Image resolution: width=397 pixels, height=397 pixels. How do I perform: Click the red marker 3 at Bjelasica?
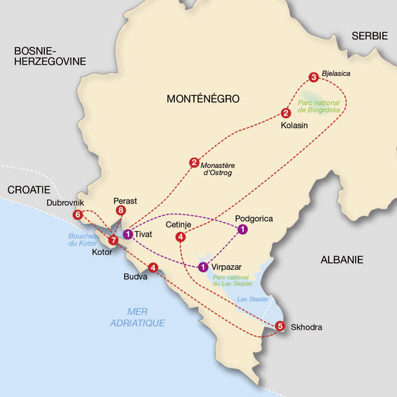[313, 77]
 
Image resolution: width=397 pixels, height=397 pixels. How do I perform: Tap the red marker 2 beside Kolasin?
[285, 113]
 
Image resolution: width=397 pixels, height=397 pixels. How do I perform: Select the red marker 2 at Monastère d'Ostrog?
[194, 163]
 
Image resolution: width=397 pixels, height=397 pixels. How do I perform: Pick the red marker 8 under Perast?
[121, 210]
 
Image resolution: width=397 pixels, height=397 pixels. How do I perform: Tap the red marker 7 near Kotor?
[113, 240]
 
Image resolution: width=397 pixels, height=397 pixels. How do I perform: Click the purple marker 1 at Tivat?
[128, 234]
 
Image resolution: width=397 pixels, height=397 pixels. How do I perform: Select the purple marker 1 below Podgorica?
[242, 229]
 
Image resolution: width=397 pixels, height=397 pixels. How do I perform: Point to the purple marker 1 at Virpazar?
[202, 266]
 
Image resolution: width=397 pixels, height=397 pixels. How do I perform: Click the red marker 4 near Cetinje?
[181, 237]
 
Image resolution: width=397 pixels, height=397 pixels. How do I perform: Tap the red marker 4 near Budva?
[152, 266]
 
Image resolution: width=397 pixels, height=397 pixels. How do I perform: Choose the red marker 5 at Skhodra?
[280, 326]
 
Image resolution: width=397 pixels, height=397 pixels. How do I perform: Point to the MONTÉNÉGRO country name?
[203, 98]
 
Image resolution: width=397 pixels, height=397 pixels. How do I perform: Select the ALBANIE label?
[341, 259]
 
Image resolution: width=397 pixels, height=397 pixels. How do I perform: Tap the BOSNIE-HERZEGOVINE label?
[44, 56]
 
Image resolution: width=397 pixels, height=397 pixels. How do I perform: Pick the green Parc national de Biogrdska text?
[322, 106]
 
